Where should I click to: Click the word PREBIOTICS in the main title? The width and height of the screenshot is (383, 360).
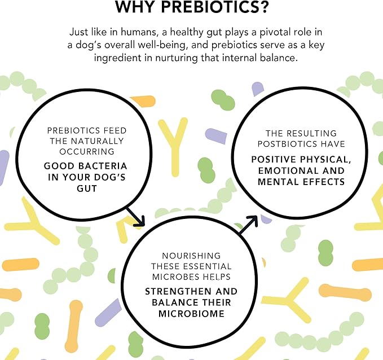click(215, 7)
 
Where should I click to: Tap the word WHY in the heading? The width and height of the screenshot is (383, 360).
click(135, 7)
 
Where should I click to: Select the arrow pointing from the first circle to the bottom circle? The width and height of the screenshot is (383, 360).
click(136, 217)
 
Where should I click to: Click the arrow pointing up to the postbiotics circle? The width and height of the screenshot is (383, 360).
click(248, 225)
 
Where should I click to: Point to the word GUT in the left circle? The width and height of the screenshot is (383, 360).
click(87, 188)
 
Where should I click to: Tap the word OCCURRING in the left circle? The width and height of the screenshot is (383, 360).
click(87, 152)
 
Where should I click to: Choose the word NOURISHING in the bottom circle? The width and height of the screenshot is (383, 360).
click(192, 256)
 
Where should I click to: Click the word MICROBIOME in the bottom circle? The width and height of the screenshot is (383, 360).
click(192, 314)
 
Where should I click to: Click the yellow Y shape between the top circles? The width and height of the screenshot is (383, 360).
click(174, 144)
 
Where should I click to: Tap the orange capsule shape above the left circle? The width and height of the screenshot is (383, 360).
click(144, 101)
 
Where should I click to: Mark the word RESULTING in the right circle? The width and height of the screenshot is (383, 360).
click(312, 133)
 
